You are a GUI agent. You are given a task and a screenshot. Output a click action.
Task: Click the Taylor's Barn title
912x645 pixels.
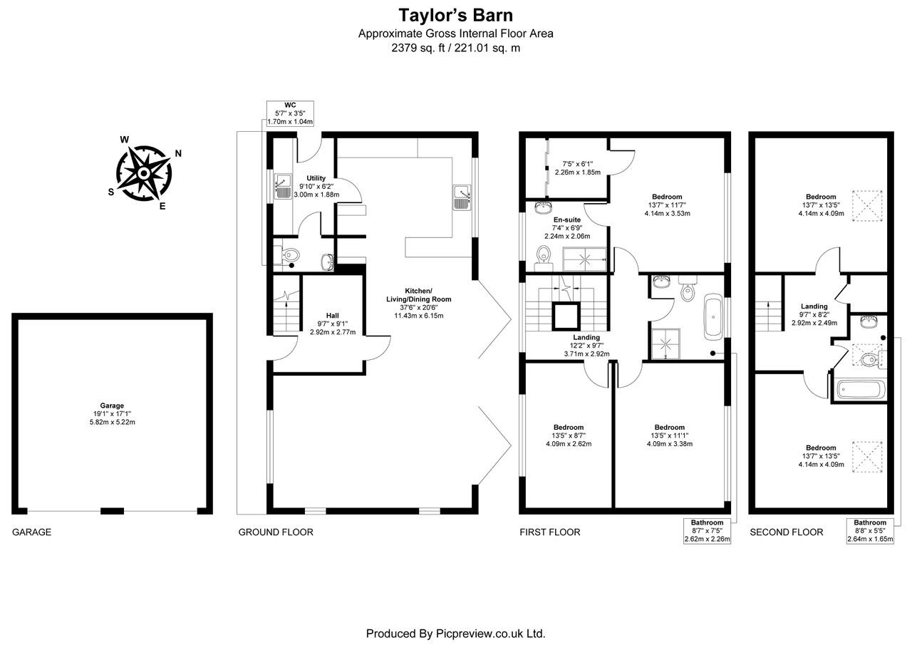click(455, 15)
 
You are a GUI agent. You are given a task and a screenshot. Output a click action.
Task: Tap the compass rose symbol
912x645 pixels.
click(144, 172)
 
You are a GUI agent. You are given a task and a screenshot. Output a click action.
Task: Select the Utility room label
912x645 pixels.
click(316, 186)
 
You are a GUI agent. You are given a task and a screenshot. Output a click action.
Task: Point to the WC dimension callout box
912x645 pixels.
click(290, 113)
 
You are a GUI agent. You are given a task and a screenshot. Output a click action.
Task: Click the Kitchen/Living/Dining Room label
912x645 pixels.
click(418, 303)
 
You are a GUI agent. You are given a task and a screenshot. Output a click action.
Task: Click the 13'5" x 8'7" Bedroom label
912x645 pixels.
click(568, 435)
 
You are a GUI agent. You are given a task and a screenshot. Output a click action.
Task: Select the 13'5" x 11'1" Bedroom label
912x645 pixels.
click(669, 435)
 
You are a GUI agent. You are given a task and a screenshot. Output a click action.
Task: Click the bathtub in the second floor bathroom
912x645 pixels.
click(861, 390)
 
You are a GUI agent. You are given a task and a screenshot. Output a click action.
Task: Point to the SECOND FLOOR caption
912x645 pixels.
click(786, 532)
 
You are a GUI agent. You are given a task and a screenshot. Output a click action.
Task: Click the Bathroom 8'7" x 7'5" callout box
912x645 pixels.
click(708, 531)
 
